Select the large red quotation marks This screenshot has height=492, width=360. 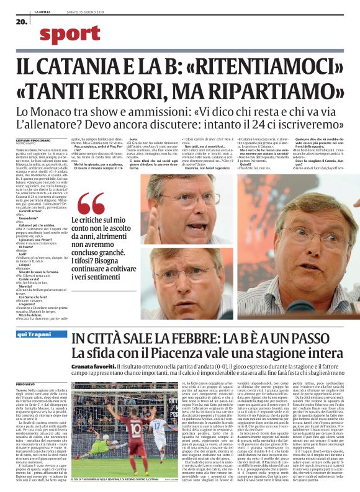[90, 204]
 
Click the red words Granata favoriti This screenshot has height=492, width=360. [90, 368]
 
